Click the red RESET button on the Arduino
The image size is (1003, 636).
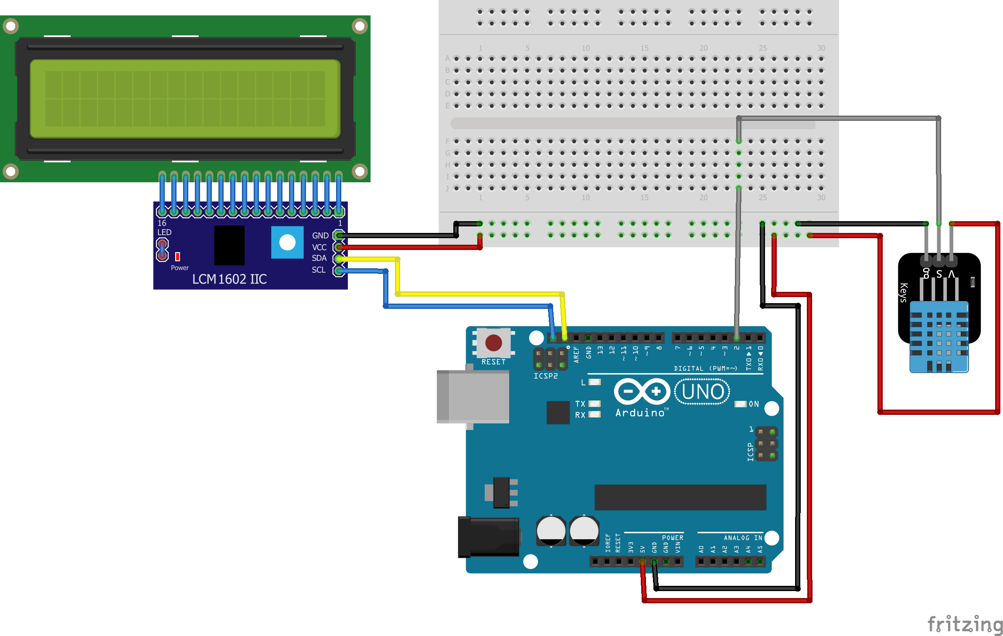(493, 342)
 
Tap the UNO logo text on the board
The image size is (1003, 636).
(702, 392)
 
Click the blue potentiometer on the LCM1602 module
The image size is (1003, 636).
(287, 242)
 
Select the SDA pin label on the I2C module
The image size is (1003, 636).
(319, 258)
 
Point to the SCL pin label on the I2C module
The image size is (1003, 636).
(319, 270)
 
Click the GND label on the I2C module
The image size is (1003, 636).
(320, 236)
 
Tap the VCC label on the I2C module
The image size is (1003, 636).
(319, 247)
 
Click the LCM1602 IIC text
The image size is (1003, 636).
(229, 279)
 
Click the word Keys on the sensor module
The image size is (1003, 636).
(904, 292)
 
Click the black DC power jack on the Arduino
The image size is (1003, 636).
(488, 537)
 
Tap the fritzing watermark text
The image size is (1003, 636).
(965, 624)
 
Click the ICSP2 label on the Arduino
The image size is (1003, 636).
(545, 376)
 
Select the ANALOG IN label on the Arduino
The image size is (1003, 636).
(743, 538)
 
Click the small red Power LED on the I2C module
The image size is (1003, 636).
(177, 256)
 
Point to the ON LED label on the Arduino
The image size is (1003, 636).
(754, 404)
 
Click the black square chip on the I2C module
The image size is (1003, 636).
(229, 245)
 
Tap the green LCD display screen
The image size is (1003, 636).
(185, 99)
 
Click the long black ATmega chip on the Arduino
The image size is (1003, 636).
(680, 497)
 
